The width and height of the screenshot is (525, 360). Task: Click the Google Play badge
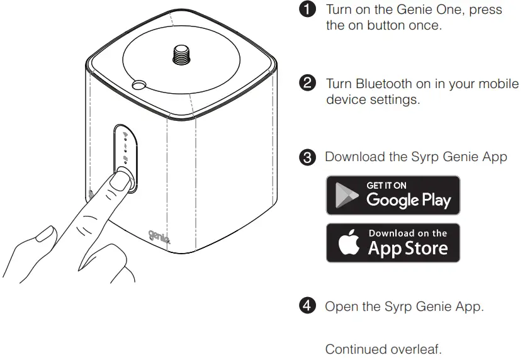coord(393,195)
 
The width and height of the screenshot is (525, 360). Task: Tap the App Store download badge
coord(393,242)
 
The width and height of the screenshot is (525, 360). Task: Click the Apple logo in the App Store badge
coord(348,242)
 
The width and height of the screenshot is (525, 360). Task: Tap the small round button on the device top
coord(138,84)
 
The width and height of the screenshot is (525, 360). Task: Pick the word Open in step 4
coord(339,307)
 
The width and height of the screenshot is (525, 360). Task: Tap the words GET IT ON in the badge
coord(387,186)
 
